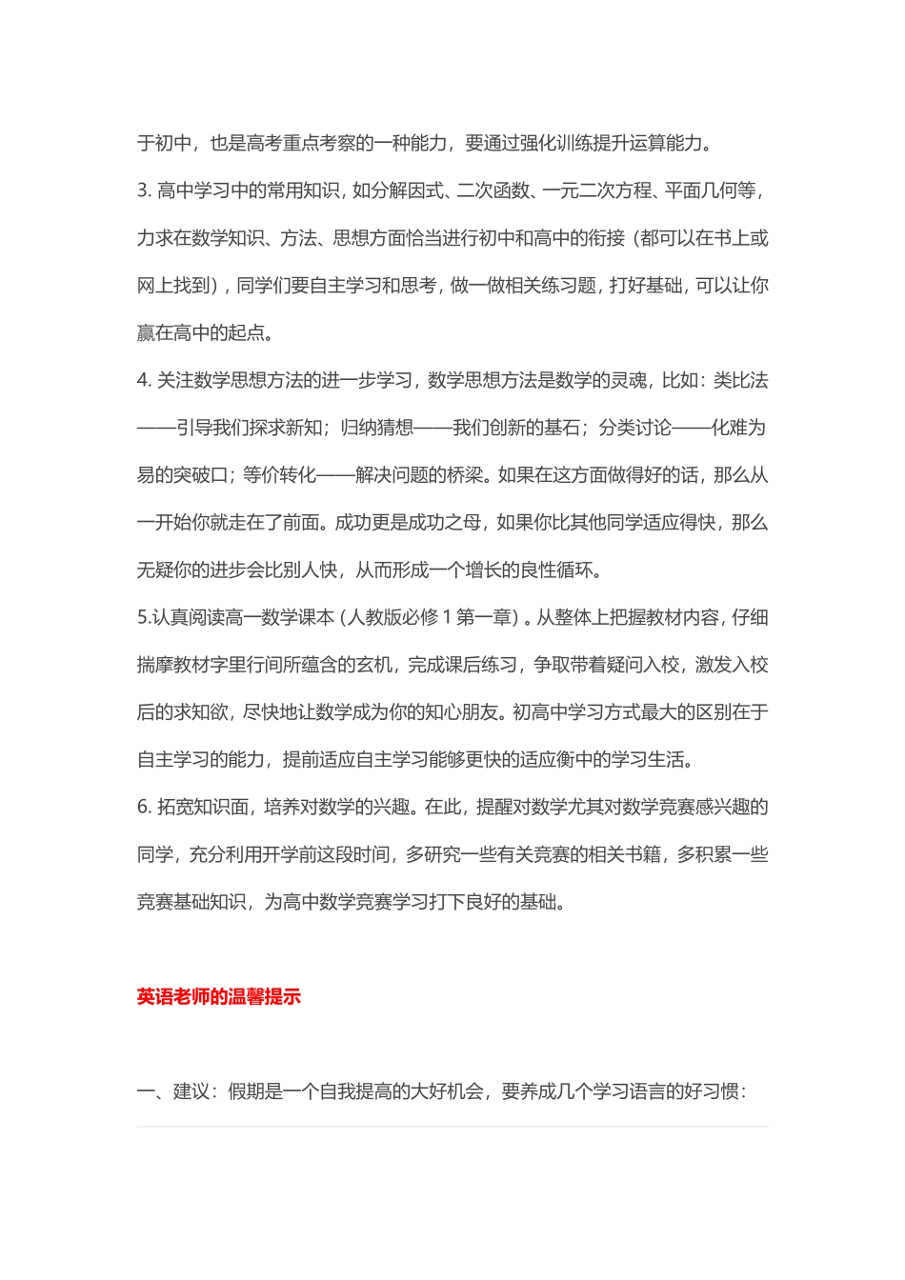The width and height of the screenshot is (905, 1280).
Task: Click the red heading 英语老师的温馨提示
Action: pyautogui.click(x=219, y=997)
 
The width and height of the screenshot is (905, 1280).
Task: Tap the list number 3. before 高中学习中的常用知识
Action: pyautogui.click(x=144, y=190)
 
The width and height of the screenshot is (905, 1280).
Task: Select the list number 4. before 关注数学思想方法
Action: pyautogui.click(x=144, y=380)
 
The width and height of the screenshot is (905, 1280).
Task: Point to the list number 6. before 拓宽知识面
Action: pyautogui.click(x=144, y=807)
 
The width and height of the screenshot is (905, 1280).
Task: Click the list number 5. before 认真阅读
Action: pyautogui.click(x=144, y=617)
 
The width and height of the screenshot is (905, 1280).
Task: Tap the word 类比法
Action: pyautogui.click(x=740, y=380)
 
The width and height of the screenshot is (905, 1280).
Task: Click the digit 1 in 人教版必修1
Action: pyautogui.click(x=447, y=617)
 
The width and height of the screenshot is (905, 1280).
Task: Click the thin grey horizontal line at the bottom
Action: pyautogui.click(x=452, y=1127)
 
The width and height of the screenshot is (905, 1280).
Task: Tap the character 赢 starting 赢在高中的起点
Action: pyautogui.click(x=146, y=333)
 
